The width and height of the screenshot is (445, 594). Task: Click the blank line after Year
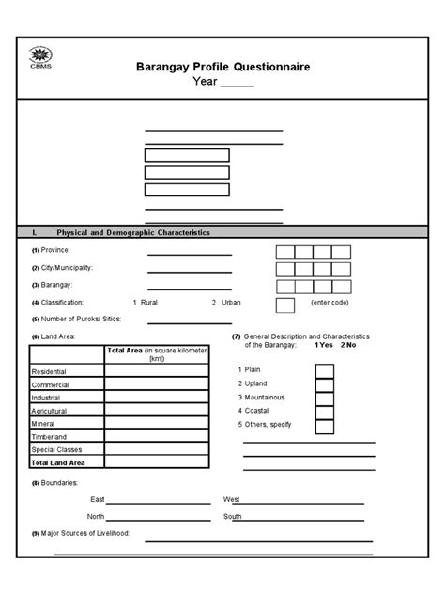(x=238, y=83)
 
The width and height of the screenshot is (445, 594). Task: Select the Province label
(x=52, y=251)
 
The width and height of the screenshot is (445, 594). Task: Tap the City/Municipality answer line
(x=190, y=272)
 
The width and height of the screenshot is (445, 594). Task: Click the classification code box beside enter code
(x=284, y=305)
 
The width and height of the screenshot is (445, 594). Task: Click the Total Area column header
(x=156, y=353)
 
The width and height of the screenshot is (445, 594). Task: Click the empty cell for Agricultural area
(x=156, y=411)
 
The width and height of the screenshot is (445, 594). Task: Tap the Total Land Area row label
(x=58, y=463)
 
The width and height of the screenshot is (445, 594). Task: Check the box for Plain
(x=325, y=369)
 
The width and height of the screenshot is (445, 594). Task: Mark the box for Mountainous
(x=325, y=398)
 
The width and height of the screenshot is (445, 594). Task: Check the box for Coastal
(x=325, y=412)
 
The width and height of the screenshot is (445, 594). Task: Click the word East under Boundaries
(x=98, y=499)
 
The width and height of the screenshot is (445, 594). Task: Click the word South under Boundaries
(x=233, y=517)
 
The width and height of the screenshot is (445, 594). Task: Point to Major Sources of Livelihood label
(x=83, y=534)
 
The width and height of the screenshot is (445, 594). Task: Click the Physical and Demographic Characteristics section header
(x=132, y=232)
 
